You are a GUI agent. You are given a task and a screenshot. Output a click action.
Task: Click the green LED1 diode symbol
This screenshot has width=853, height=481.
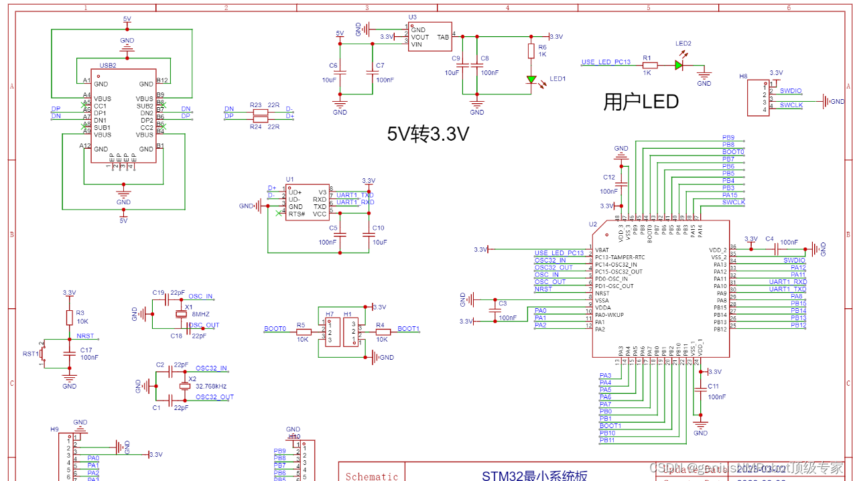[x=531, y=80]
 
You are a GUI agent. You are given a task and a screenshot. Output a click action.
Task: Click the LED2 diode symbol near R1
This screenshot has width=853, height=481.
[x=678, y=65]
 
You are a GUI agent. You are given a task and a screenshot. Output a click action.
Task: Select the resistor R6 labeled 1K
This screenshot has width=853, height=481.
[x=531, y=51]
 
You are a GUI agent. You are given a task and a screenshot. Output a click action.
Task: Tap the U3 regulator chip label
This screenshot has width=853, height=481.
[x=412, y=17]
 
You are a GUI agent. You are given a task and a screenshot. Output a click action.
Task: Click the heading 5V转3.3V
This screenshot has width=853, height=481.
[x=428, y=134]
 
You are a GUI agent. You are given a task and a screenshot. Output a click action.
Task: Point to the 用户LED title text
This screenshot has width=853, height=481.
[x=641, y=102]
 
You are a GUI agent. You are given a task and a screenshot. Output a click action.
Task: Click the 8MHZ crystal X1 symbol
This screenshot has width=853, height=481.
[x=180, y=315]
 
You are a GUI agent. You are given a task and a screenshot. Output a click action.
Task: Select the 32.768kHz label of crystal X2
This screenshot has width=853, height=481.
[x=211, y=387]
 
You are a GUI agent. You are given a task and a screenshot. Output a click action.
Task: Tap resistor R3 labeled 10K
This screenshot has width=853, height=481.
[x=69, y=317]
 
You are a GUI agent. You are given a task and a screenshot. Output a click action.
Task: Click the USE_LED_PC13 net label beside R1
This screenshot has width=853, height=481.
[x=606, y=62]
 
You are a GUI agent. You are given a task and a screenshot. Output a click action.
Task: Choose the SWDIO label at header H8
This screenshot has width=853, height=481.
[x=791, y=90]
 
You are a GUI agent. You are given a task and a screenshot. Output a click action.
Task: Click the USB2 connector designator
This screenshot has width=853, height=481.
[x=108, y=66]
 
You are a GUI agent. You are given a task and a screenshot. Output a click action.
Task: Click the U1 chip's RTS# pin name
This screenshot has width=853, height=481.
[x=297, y=214]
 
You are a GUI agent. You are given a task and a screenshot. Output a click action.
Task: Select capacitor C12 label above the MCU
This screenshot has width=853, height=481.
[x=608, y=178]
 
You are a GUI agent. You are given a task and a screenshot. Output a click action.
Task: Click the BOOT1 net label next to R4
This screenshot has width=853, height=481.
[x=408, y=329]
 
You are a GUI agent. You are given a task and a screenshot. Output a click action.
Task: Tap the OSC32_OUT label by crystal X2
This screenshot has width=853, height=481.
[x=214, y=397]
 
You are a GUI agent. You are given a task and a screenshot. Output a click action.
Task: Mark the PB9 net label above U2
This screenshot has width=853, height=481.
[x=728, y=137]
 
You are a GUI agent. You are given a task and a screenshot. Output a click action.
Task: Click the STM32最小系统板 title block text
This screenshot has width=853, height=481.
[x=535, y=476]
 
